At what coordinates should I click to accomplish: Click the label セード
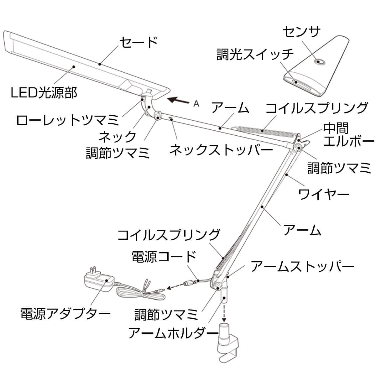138,42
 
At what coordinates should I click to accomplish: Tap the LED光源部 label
44,92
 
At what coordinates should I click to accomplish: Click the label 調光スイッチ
255,55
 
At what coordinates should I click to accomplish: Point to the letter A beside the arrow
196,104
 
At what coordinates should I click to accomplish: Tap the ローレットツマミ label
68,120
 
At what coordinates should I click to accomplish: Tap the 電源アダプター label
65,313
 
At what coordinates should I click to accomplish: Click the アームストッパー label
302,266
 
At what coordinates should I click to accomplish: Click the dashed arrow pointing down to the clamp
224,311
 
